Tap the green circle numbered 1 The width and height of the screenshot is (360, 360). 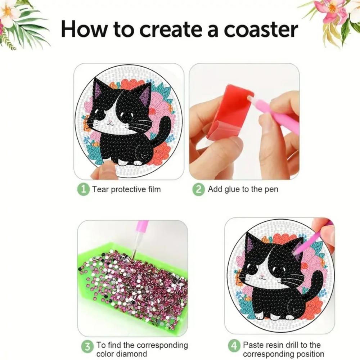point(84,189)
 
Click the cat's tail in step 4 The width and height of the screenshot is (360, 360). point(317,284)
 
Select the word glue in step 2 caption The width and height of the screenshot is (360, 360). point(232,189)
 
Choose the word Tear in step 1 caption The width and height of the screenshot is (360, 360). point(100,189)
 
